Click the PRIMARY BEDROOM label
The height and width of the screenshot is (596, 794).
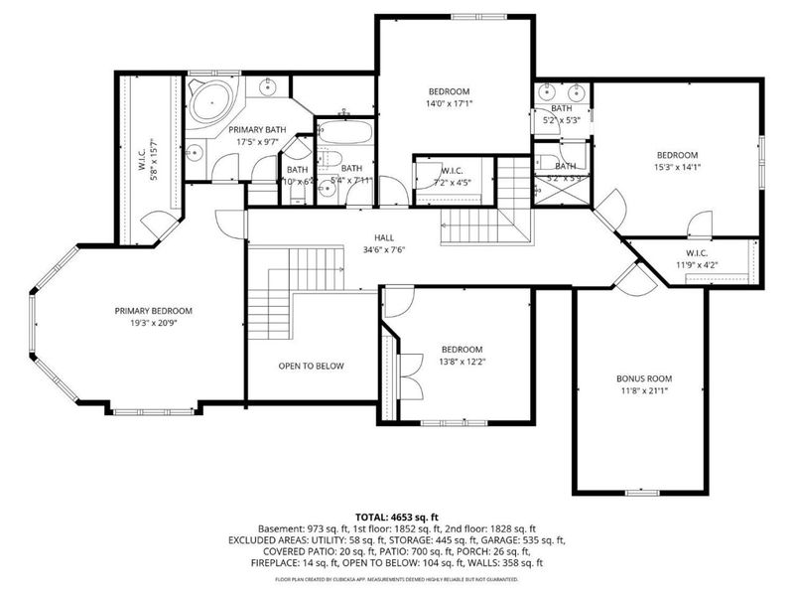[x=152, y=311]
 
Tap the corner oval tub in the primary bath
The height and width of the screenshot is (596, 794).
[x=209, y=103]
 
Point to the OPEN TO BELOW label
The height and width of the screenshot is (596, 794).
[x=311, y=367]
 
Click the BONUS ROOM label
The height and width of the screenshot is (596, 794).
[x=644, y=378]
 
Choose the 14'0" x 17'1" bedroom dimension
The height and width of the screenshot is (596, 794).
[x=449, y=102]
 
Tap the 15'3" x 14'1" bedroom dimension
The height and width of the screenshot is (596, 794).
[x=677, y=168]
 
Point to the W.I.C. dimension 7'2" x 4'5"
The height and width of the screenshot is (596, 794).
[x=453, y=184]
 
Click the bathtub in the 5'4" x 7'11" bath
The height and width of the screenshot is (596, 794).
[x=345, y=132]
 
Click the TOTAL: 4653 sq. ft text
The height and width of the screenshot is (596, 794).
[x=397, y=517]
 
